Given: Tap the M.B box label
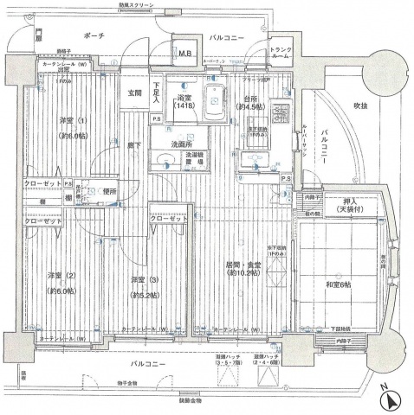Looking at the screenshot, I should pos(184,54).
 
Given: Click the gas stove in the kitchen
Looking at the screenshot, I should pos(280,113).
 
